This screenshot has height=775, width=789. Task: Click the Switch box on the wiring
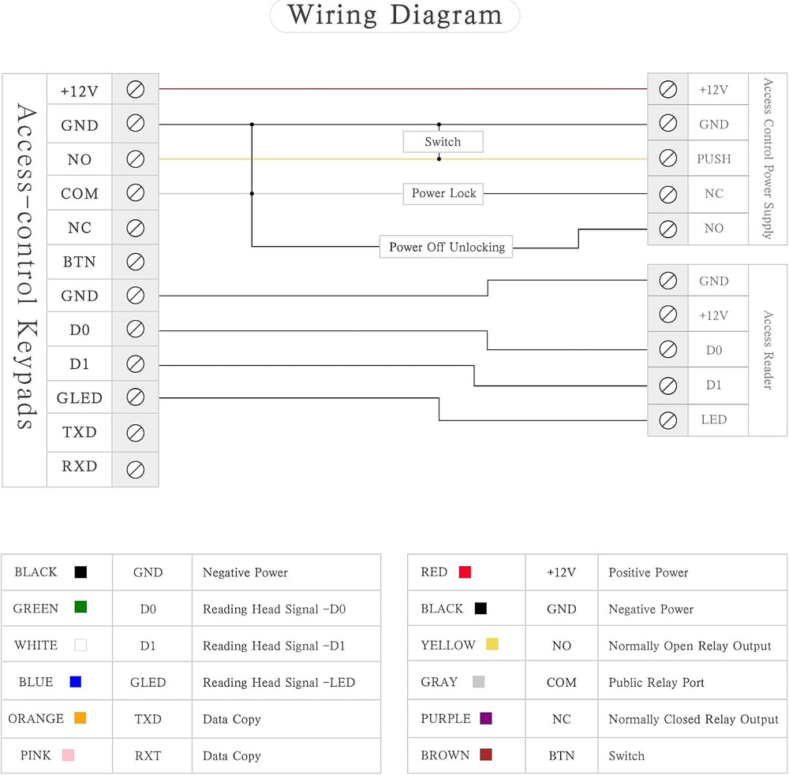coord(443,142)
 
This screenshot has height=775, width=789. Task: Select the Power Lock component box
coord(443,194)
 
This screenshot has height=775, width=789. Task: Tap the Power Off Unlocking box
coord(447,247)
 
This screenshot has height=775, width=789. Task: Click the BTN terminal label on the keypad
coord(79,262)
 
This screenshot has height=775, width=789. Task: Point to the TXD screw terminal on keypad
coord(136,433)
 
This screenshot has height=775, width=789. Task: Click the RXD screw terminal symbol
coord(136,470)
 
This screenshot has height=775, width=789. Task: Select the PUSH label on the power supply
coord(713,159)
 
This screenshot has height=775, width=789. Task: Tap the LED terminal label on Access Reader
coord(713,419)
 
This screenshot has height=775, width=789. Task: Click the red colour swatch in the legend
coord(465,572)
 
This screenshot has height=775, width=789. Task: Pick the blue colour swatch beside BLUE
coord(76,681)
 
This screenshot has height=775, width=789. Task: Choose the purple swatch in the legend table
coord(486,718)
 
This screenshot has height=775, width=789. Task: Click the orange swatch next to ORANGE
coord(80,717)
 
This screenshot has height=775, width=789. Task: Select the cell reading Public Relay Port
coord(656,683)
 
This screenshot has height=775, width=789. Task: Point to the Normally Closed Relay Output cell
coord(694,719)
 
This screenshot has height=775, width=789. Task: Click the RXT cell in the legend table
coord(148,756)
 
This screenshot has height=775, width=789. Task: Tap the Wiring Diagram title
coord(395,15)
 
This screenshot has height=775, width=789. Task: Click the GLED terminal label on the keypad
coord(80,398)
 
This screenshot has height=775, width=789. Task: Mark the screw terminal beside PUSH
coord(667,158)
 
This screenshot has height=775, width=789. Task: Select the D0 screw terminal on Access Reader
coord(667,349)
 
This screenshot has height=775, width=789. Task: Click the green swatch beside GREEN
coord(80,607)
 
